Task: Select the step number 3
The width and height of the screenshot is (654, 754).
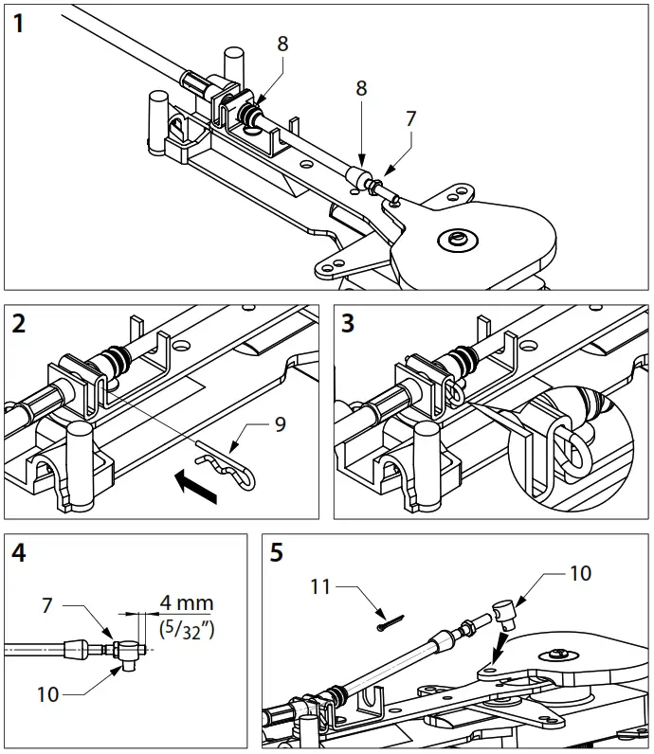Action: (x=349, y=325)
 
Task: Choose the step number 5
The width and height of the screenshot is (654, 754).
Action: (x=277, y=553)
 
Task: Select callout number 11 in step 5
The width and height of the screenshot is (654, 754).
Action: (x=320, y=586)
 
